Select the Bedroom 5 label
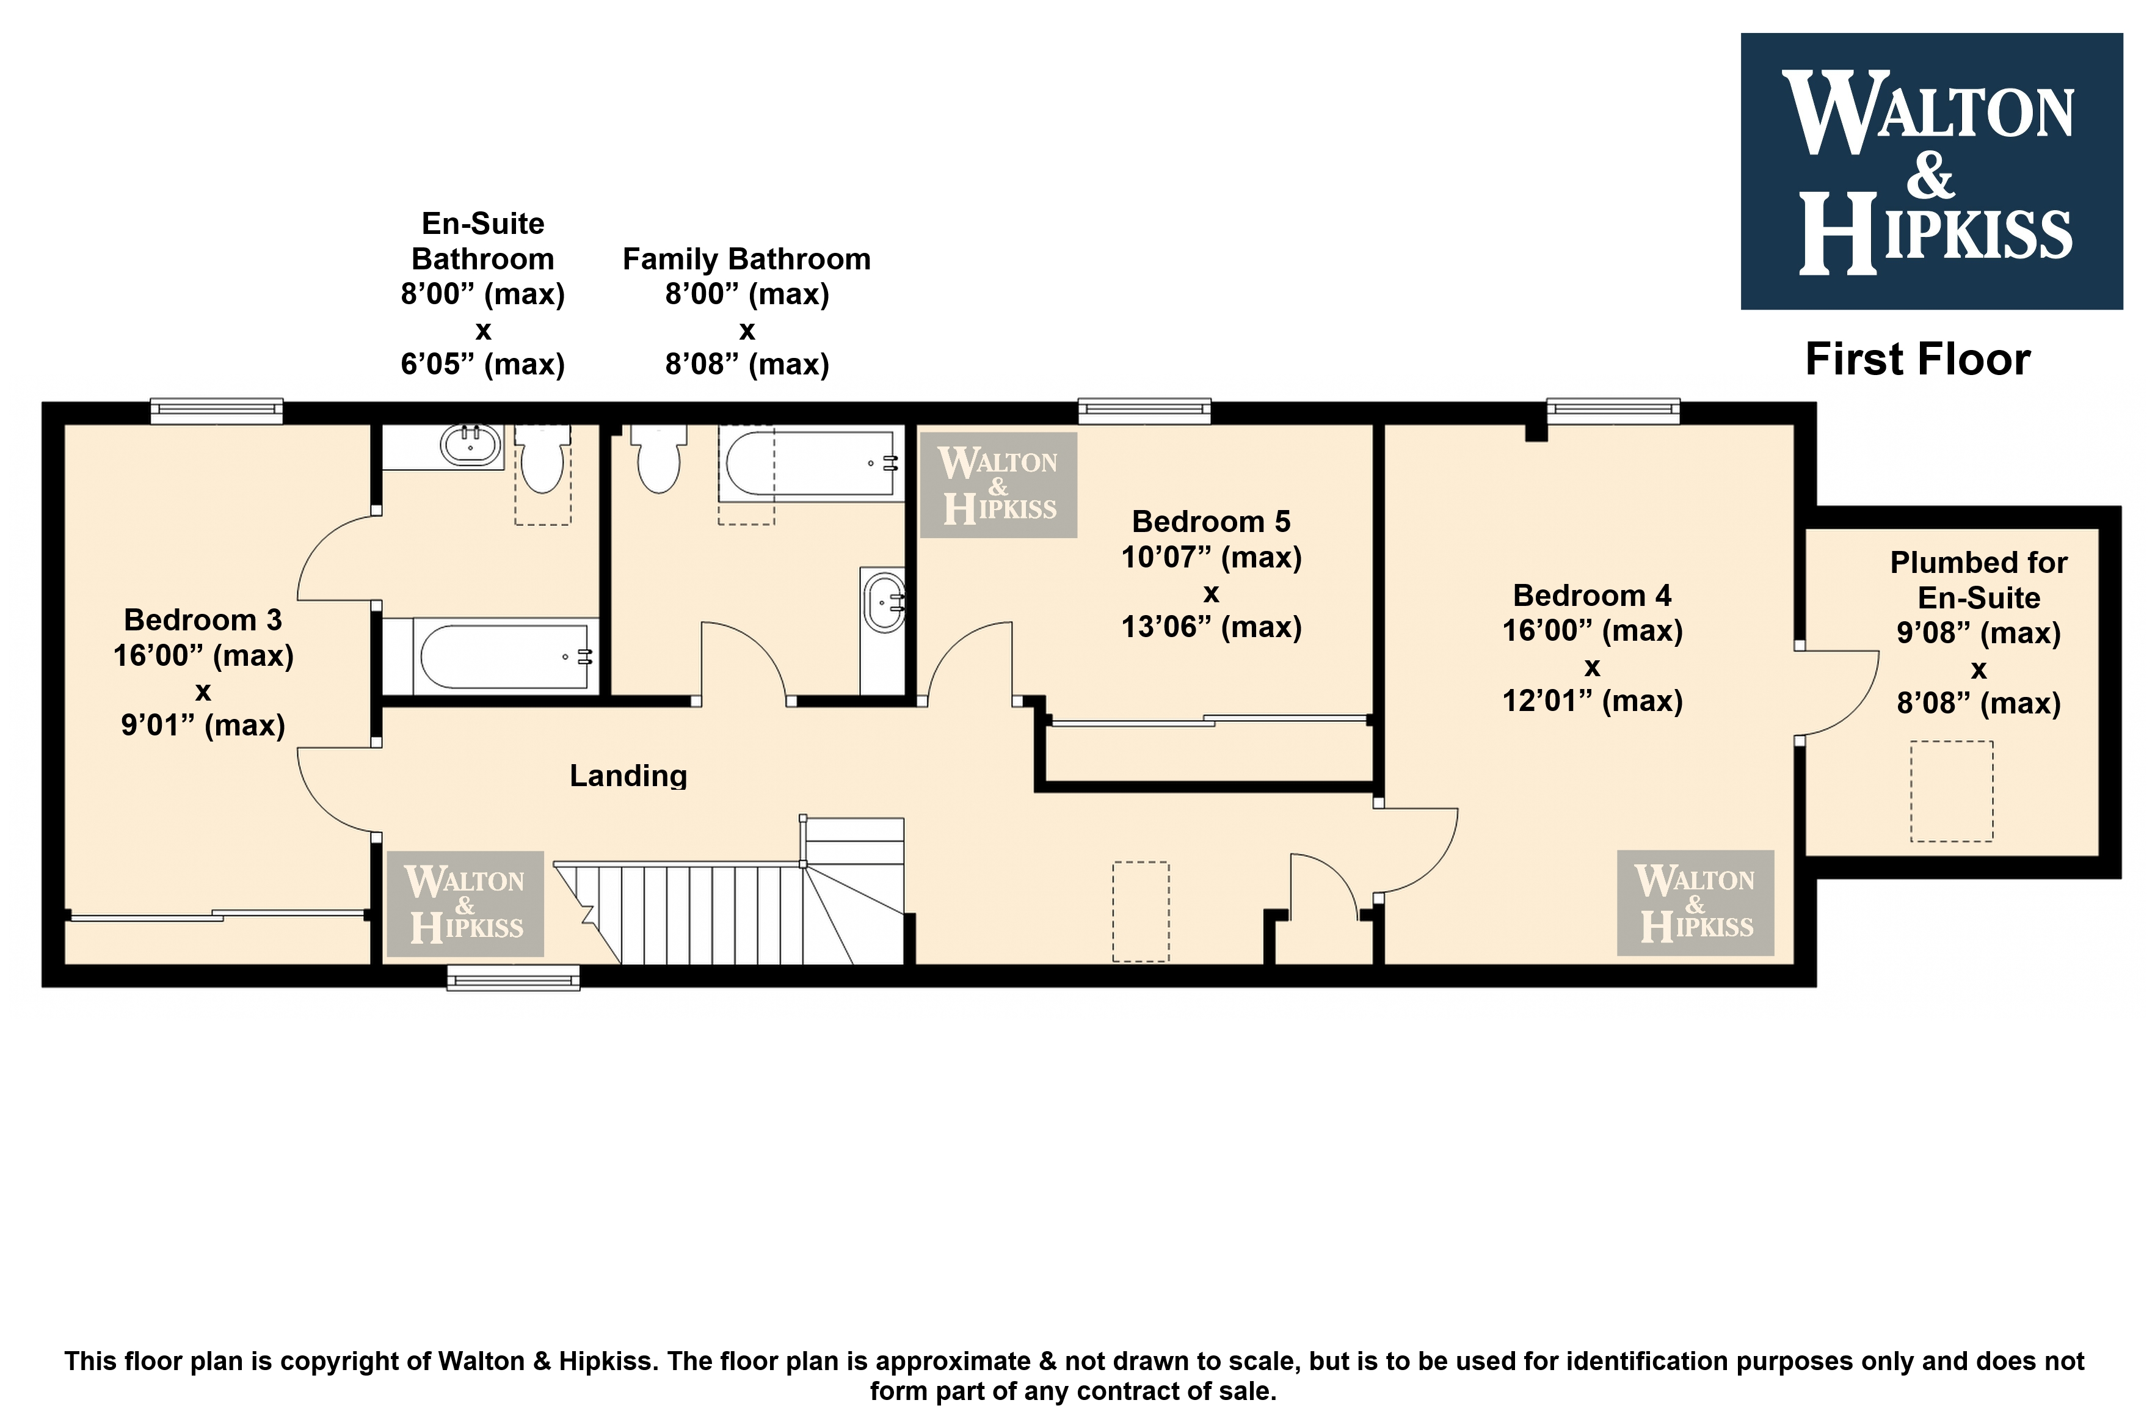point(1211,522)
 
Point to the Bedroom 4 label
point(1592,595)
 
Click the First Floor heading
point(1917,359)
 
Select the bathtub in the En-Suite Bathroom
point(490,655)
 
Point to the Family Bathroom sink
point(883,601)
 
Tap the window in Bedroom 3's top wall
point(217,411)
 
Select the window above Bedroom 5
point(1144,411)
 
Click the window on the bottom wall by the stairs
point(513,977)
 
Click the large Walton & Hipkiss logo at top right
point(1931,172)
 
